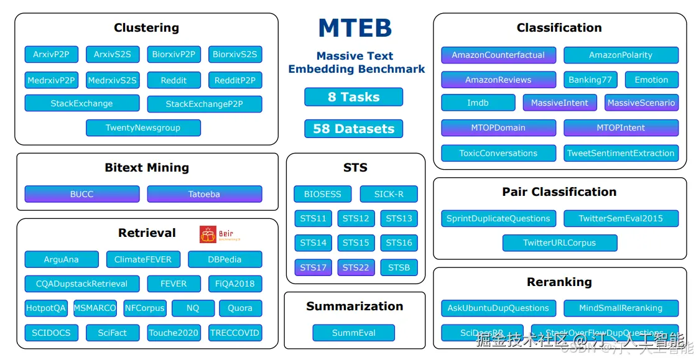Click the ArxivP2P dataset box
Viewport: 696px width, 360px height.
pos(51,55)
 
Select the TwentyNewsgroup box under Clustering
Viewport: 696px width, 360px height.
pos(143,128)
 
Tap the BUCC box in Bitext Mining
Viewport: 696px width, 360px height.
pos(81,195)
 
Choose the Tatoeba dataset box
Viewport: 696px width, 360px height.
pos(204,195)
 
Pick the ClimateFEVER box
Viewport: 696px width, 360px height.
pos(143,259)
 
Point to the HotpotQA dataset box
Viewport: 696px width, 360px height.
pos(46,308)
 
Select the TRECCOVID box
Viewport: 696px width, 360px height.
pos(234,333)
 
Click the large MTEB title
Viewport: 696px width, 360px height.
pos(355,29)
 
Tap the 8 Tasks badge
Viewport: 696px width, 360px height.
pos(353,97)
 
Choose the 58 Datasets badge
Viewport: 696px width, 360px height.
pos(353,129)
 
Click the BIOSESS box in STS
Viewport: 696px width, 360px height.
pos(323,194)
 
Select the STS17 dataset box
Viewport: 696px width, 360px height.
pos(313,268)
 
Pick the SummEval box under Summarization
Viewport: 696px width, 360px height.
pos(354,333)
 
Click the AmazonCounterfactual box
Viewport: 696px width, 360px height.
pos(498,55)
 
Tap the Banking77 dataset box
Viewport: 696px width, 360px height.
pos(590,80)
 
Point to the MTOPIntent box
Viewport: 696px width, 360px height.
pos(621,128)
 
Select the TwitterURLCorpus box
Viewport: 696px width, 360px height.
pos(559,243)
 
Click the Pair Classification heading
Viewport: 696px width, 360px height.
pos(559,192)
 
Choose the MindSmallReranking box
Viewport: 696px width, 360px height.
pos(621,308)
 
